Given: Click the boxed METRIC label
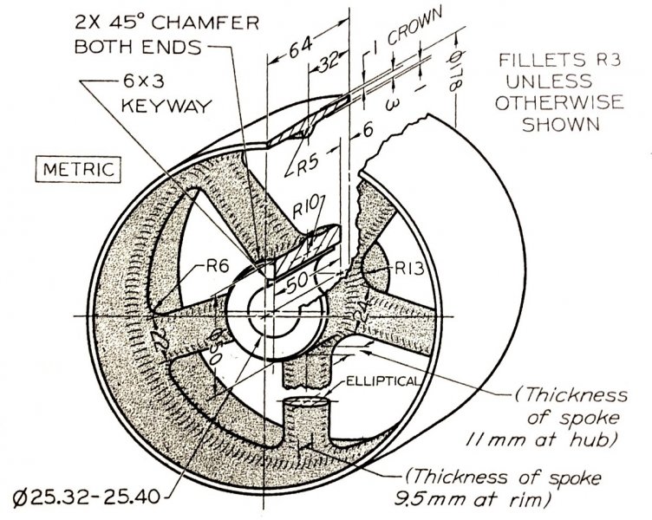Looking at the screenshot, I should click(80, 167).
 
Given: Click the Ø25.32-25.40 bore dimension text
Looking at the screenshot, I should click(82, 498).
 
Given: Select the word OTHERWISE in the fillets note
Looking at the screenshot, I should click(551, 103).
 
